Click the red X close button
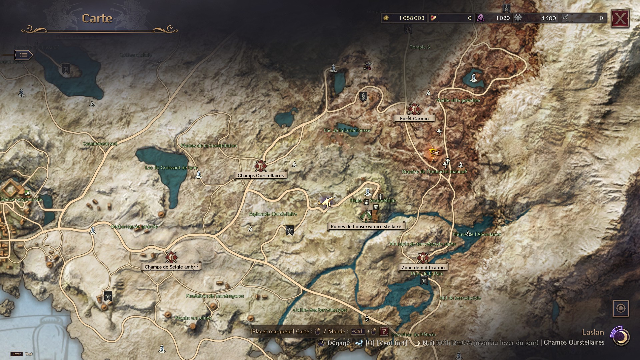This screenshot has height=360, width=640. tap(620, 19)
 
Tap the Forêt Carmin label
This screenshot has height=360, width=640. tap(414, 118)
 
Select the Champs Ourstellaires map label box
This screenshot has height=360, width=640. tap(260, 175)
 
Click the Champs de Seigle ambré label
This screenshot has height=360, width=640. tap(171, 267)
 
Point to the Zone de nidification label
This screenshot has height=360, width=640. tap(423, 267)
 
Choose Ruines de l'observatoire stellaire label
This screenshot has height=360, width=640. tap(366, 226)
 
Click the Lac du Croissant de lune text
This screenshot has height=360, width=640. tap(171, 167)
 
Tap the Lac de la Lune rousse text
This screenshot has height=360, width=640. tap(347, 130)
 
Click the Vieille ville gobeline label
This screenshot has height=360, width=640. tap(458, 100)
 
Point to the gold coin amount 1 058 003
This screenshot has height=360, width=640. tap(411, 18)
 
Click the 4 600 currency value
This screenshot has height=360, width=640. tap(548, 18)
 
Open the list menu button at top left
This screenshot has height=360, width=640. tap(23, 55)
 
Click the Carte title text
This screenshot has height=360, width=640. tap(97, 18)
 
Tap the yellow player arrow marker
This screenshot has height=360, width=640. tap(434, 153)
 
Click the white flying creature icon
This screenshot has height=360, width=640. tap(326, 202)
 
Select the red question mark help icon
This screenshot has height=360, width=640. tap(384, 331)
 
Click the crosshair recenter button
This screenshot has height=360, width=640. tap(621, 308)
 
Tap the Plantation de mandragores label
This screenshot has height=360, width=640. tap(215, 296)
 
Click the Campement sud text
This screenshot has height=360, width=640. tap(100, 144)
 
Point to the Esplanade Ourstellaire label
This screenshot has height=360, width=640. tap(273, 214)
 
